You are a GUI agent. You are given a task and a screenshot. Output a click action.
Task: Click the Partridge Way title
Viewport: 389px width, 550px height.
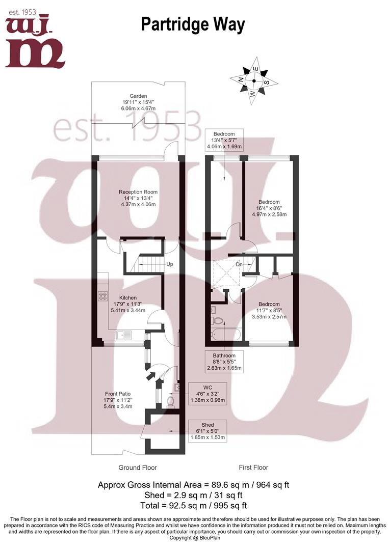193,24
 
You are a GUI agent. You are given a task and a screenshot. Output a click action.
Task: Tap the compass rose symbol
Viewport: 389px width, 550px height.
253,81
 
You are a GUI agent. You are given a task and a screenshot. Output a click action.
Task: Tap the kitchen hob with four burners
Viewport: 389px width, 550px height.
101,295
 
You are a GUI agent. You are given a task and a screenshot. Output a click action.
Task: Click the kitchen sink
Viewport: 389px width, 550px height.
124,335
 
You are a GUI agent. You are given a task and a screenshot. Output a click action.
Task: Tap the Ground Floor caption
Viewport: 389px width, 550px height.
138,467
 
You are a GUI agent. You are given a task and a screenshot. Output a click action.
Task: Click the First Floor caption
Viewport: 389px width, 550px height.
253,467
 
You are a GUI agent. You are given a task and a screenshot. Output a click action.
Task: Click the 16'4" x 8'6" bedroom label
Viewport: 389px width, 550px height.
269,208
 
